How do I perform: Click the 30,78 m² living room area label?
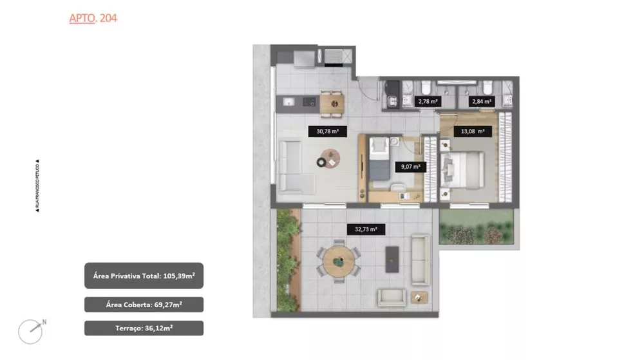(x=327, y=131)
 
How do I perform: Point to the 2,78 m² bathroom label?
(x=428, y=101)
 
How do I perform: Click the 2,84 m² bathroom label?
(x=482, y=101)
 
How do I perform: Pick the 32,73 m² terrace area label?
(x=365, y=229)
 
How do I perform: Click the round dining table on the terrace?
(x=337, y=262)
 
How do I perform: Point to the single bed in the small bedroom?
(x=378, y=164)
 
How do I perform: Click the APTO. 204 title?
(x=93, y=18)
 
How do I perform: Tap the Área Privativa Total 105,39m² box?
(x=144, y=276)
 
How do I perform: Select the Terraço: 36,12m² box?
(x=144, y=328)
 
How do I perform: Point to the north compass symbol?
(x=32, y=331)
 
